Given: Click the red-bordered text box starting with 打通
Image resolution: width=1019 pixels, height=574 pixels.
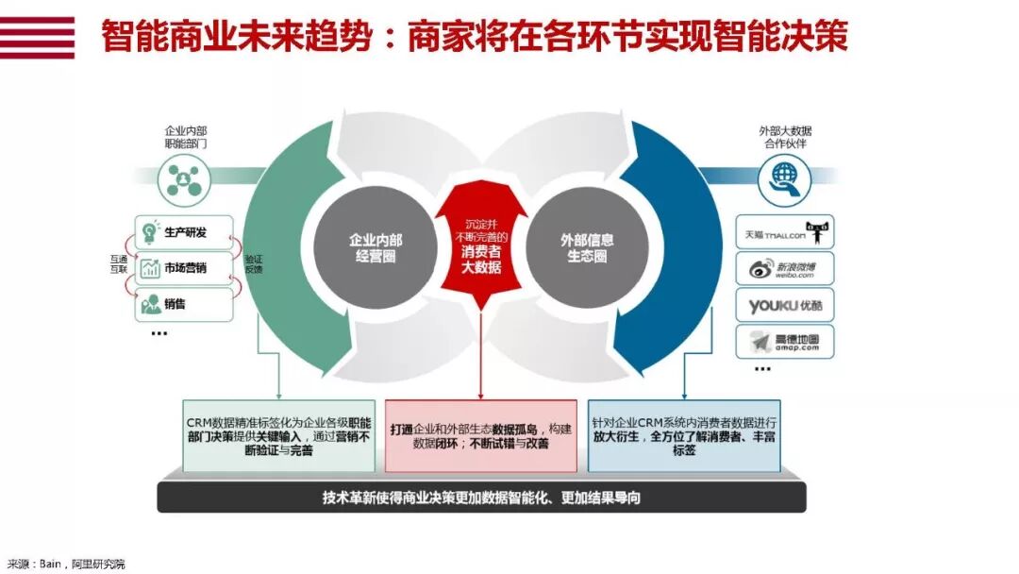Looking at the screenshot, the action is point(480,435).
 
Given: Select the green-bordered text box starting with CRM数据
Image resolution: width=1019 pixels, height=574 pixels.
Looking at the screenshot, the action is point(278,435).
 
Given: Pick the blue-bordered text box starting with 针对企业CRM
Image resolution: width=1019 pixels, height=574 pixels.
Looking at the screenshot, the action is point(683,435).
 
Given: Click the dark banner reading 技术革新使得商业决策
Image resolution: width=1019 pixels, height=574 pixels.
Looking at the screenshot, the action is point(481,497).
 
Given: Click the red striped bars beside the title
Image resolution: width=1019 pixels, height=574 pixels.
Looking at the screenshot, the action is point(37,37).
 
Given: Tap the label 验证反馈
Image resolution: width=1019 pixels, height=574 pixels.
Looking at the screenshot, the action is point(254,263).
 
